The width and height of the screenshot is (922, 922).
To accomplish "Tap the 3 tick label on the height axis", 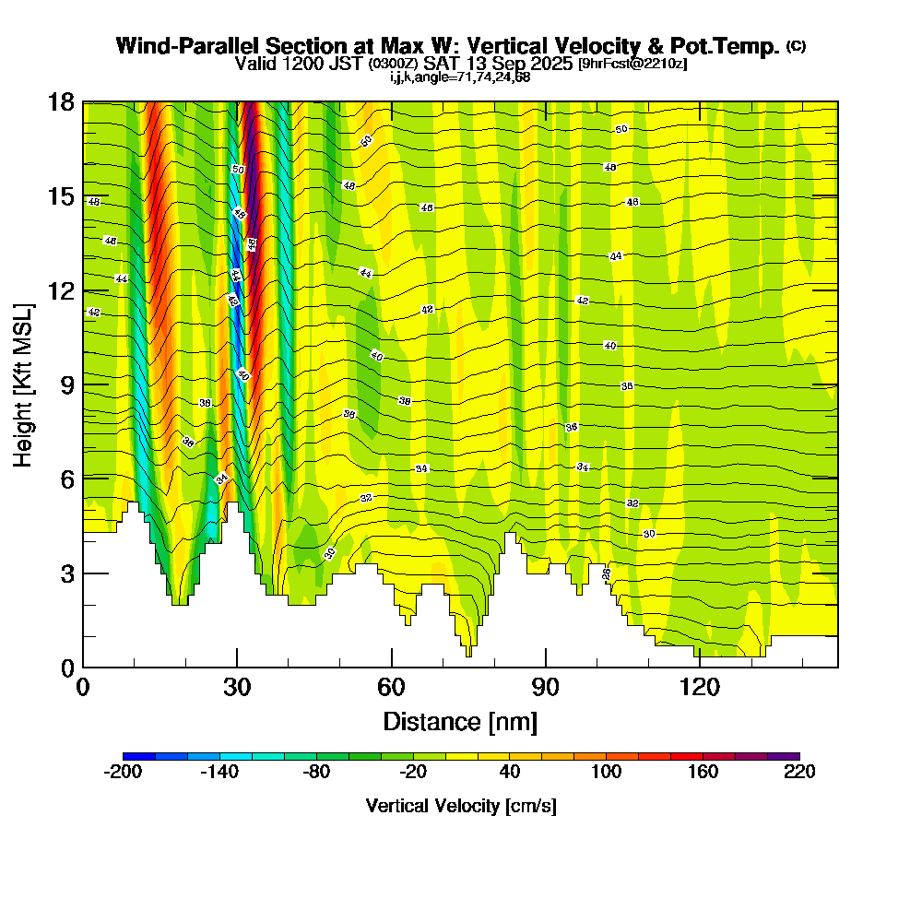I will pyautogui.click(x=67, y=573).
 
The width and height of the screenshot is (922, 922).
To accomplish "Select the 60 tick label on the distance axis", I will pyautogui.click(x=392, y=688).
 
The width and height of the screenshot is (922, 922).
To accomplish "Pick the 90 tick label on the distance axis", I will pyautogui.click(x=546, y=688).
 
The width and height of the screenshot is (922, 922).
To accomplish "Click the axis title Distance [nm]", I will pyautogui.click(x=460, y=720).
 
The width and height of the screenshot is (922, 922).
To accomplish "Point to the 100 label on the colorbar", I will pyautogui.click(x=606, y=772).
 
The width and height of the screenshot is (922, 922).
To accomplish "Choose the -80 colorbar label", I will pyautogui.click(x=316, y=772).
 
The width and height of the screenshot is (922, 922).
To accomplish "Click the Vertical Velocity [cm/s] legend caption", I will pyautogui.click(x=461, y=806).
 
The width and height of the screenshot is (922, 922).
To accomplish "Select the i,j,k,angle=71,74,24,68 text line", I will pyautogui.click(x=460, y=77).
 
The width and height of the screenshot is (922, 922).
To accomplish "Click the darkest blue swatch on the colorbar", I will pyautogui.click(x=139, y=756).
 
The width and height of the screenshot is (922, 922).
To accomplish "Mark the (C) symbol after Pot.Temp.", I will pyautogui.click(x=796, y=45).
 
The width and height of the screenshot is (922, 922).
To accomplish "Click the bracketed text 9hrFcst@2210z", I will pyautogui.click(x=632, y=64).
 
